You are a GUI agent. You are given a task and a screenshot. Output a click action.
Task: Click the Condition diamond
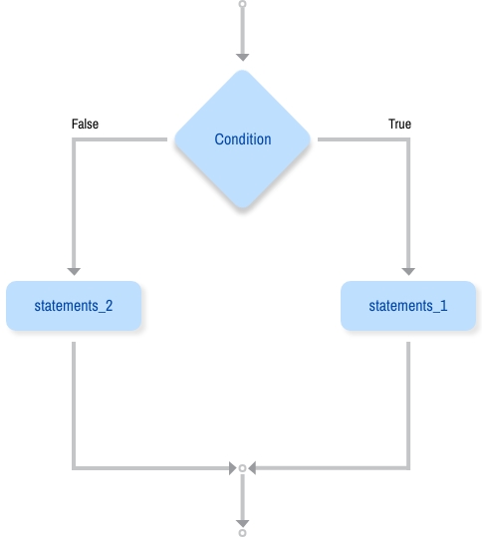[x=242, y=139]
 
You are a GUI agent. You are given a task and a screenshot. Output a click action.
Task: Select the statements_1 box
[x=408, y=306]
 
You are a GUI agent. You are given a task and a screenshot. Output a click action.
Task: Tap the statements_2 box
[x=74, y=306]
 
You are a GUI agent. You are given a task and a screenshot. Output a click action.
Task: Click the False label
[x=85, y=125]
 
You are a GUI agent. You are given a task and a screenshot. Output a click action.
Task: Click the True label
[x=399, y=125]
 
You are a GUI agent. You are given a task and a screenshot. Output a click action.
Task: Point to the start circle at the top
[x=242, y=4]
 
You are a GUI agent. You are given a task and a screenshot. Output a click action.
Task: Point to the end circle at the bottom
[x=242, y=532]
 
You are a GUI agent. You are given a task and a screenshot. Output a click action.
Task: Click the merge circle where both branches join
[x=242, y=466]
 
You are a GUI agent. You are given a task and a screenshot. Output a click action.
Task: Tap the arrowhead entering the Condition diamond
[x=242, y=56]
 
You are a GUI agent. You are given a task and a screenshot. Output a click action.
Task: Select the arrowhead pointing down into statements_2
[x=74, y=269]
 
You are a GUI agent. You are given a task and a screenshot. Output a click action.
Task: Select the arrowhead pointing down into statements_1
[x=408, y=269]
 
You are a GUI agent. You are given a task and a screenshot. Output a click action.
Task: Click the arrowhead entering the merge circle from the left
[x=231, y=466]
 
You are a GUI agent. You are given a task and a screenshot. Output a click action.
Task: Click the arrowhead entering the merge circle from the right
[x=253, y=466]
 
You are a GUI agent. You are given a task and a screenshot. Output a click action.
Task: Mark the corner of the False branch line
[x=74, y=139]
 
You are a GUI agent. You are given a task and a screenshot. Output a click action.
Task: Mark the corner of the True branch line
[x=408, y=139]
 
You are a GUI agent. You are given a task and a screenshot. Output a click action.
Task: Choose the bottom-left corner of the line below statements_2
[x=74, y=466]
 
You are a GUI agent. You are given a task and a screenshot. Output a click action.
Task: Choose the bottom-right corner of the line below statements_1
[x=408, y=466]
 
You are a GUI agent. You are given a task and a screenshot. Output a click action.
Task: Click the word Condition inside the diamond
[x=242, y=139]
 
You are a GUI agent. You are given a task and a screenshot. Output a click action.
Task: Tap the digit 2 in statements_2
[x=108, y=306]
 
